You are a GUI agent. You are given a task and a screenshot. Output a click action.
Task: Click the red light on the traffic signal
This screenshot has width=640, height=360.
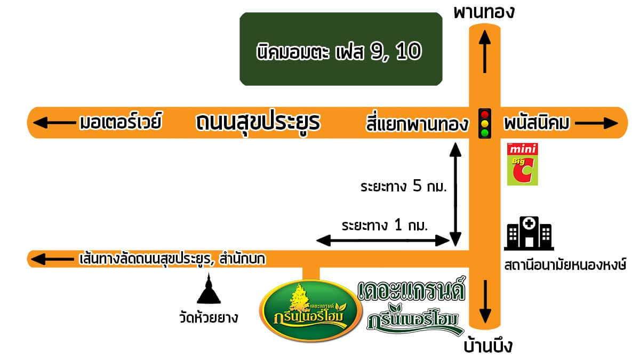click(x=485, y=115)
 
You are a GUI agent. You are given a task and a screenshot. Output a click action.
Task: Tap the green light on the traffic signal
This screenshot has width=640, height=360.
click(x=485, y=133)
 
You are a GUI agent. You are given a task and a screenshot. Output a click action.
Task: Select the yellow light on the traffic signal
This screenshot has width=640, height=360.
click(x=485, y=124)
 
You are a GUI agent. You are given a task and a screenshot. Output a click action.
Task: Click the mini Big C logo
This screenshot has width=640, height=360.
click(x=522, y=164)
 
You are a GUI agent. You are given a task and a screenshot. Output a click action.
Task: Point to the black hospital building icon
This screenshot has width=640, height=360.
click(x=529, y=234)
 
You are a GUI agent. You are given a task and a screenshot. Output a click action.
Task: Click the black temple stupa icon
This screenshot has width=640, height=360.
click(x=209, y=289)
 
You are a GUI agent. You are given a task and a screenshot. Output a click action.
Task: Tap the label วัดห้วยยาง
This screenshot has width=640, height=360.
click(x=209, y=318)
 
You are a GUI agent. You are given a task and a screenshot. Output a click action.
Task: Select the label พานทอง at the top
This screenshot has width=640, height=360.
click(x=484, y=13)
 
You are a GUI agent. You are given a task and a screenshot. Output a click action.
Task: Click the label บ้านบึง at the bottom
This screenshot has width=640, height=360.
click(x=487, y=346)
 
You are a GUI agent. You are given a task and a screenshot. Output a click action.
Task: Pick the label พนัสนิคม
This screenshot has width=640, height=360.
click(x=537, y=123)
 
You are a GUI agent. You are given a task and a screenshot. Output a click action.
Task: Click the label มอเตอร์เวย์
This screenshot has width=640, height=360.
click(x=121, y=121)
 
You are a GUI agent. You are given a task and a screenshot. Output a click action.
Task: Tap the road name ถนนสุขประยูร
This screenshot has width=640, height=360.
click(x=258, y=123)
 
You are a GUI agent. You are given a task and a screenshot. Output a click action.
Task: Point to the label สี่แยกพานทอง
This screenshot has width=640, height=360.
click(x=417, y=123)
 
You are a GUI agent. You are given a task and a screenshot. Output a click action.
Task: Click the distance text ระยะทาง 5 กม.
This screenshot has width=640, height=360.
click(x=403, y=186)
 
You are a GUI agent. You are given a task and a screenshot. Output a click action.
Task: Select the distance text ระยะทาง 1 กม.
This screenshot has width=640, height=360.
click(x=385, y=225)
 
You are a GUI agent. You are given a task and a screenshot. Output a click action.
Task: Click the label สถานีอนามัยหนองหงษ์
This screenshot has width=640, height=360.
click(x=565, y=265)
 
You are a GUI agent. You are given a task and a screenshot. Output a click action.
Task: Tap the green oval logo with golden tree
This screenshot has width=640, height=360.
click(x=310, y=310)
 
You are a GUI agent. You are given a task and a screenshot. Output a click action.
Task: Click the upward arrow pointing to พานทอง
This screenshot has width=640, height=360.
click(x=485, y=51)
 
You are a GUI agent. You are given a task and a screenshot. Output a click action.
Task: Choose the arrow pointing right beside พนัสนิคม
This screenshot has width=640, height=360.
click(x=597, y=123)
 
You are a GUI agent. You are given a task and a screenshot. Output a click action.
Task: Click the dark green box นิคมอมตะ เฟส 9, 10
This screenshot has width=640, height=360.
click(x=341, y=49)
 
